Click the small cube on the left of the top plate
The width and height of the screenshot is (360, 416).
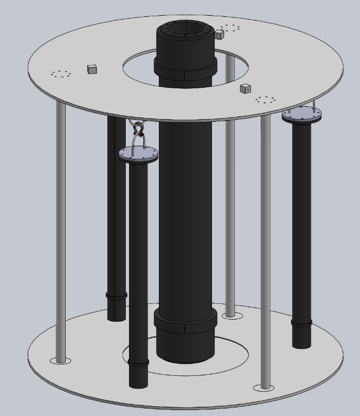coord(92,69)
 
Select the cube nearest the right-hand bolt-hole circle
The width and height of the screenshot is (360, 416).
coord(246,88)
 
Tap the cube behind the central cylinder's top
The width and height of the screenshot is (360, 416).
coord(219,35)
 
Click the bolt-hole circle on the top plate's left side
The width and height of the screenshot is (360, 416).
coord(61,74)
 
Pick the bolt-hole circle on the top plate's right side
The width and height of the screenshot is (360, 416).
coord(265,100)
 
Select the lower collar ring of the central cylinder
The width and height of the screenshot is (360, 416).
coord(185,322)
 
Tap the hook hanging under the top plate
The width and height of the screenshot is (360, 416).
coord(138,130)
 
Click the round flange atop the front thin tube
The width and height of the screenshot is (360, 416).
coord(139,155)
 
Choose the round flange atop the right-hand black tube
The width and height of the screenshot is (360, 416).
coord(301,114)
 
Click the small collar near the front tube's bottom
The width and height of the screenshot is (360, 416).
coord(138,363)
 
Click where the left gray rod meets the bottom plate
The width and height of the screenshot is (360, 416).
coord(61,360)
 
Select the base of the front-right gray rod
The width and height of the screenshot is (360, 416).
coord(265,387)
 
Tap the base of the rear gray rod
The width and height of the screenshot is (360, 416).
coord(230,315)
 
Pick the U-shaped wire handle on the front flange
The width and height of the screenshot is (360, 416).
coord(139,141)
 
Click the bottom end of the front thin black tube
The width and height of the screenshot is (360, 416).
coord(138,386)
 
